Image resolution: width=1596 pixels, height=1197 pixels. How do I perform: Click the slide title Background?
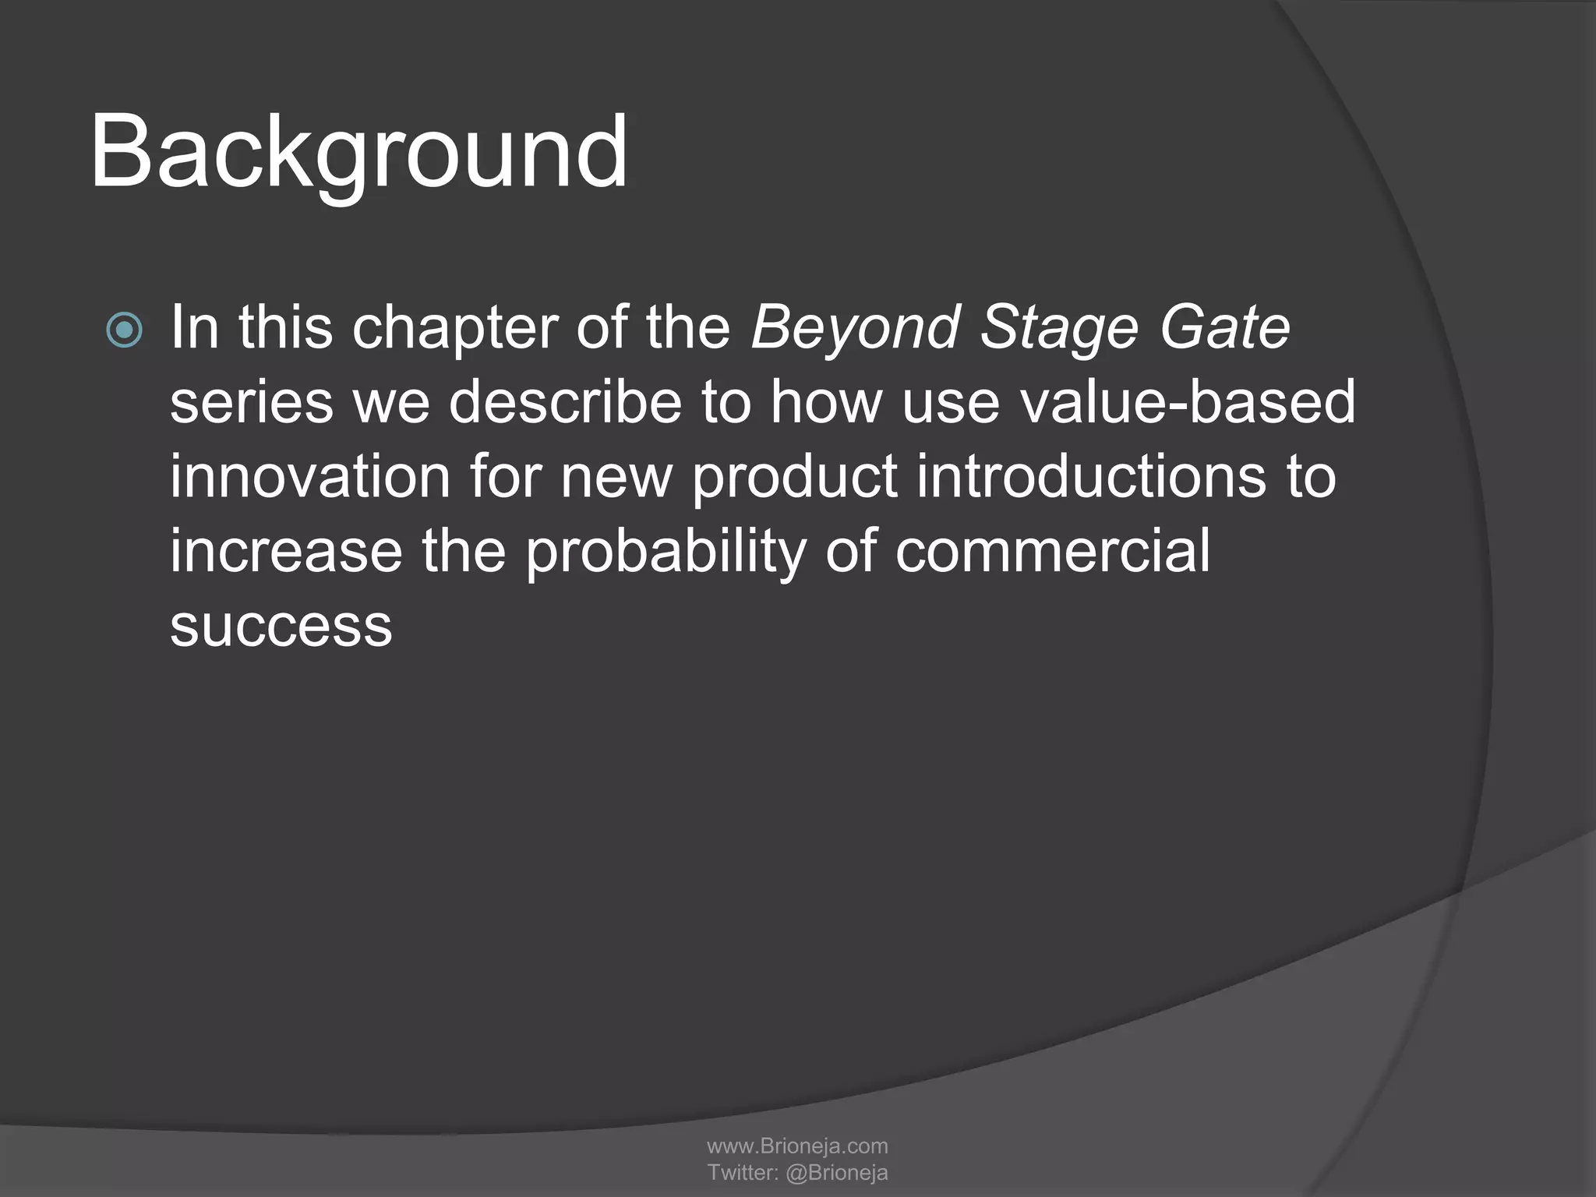(x=358, y=153)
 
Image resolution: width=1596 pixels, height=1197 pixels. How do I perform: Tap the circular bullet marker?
(x=125, y=330)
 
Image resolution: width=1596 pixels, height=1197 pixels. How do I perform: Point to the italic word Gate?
(x=1224, y=327)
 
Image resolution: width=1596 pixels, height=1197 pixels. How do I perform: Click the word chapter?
(x=454, y=329)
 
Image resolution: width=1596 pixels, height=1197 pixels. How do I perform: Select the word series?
(x=251, y=403)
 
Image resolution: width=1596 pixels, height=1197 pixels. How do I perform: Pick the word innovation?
(x=310, y=477)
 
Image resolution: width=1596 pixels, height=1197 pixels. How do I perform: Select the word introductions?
(x=1091, y=477)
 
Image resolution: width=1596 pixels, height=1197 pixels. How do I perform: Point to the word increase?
(x=286, y=551)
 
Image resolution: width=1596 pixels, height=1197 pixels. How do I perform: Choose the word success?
(x=281, y=626)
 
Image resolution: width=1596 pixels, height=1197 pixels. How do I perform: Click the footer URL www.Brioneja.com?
(x=797, y=1146)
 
